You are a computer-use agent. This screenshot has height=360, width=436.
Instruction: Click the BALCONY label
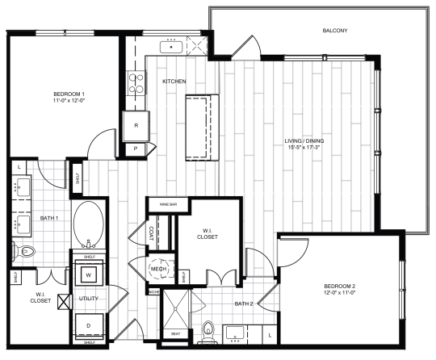pyautogui.click(x=334, y=31)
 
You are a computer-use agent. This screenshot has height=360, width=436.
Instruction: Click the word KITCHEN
pyautogui.click(x=174, y=82)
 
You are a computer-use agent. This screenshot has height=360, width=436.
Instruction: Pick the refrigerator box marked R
pyautogui.click(x=135, y=125)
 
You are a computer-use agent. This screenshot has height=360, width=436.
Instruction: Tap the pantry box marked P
pyautogui.click(x=135, y=149)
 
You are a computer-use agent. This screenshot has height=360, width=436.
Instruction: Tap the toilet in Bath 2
pyautogui.click(x=208, y=330)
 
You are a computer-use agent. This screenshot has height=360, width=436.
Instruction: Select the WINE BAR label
pyautogui.click(x=168, y=205)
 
